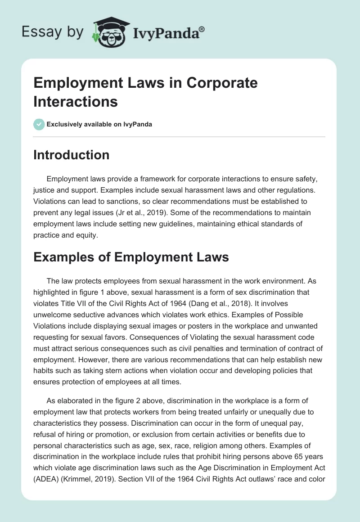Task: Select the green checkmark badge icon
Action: pyautogui.click(x=39, y=124)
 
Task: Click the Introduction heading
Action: pyautogui.click(x=72, y=155)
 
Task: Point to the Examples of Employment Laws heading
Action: pyautogui.click(x=131, y=257)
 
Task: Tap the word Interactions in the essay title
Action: pyautogui.click(x=76, y=101)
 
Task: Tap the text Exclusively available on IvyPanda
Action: pyautogui.click(x=99, y=124)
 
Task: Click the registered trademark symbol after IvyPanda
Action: pyautogui.click(x=202, y=29)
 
